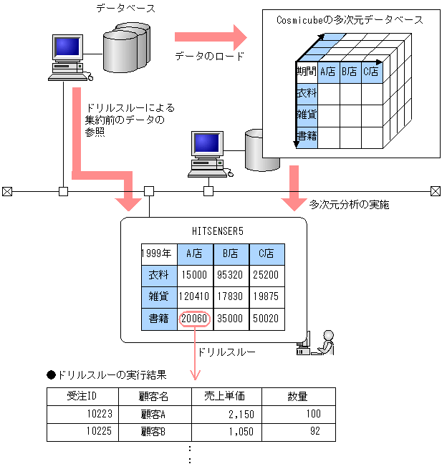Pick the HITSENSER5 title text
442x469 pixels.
(x=213, y=231)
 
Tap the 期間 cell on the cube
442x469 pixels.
(x=307, y=72)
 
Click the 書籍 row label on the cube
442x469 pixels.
(x=307, y=135)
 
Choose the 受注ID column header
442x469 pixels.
(x=82, y=396)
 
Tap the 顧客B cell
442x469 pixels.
(x=153, y=432)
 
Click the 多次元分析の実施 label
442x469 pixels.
(x=349, y=205)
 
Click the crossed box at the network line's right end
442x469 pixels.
(x=435, y=191)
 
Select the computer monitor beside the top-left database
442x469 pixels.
(x=67, y=48)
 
